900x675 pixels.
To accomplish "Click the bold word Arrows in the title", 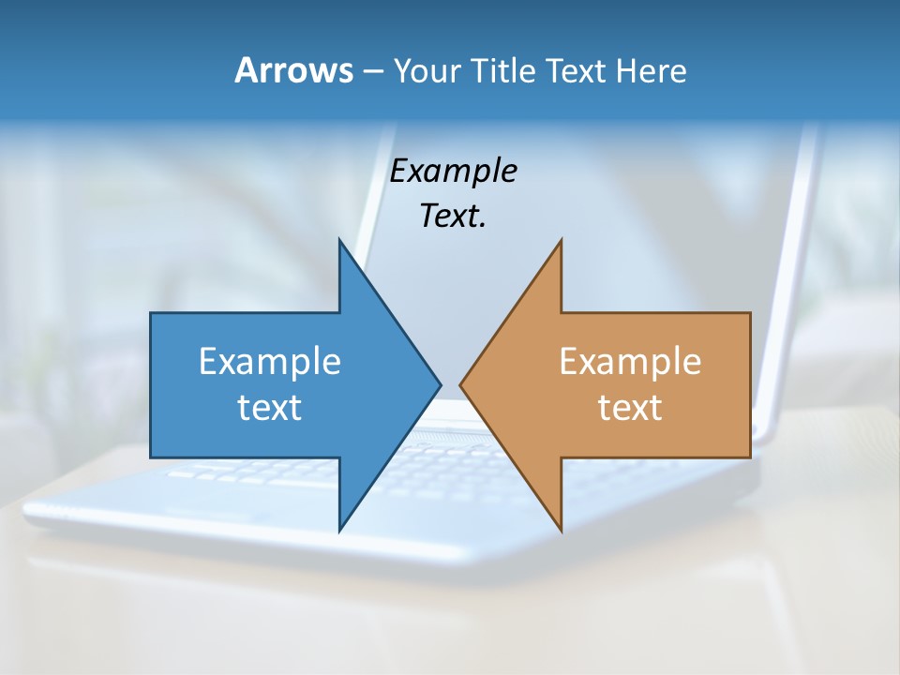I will pyautogui.click(x=293, y=70).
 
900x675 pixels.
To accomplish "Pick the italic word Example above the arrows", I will pyautogui.click(x=453, y=172).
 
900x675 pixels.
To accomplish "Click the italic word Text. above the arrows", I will pyautogui.click(x=453, y=216).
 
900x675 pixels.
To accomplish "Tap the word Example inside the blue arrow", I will pyautogui.click(x=270, y=362).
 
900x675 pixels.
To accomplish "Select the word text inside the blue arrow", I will pyautogui.click(x=270, y=407).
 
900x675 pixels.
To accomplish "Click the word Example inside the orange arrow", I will pyautogui.click(x=630, y=362).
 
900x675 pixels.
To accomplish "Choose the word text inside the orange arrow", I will pyautogui.click(x=630, y=407).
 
